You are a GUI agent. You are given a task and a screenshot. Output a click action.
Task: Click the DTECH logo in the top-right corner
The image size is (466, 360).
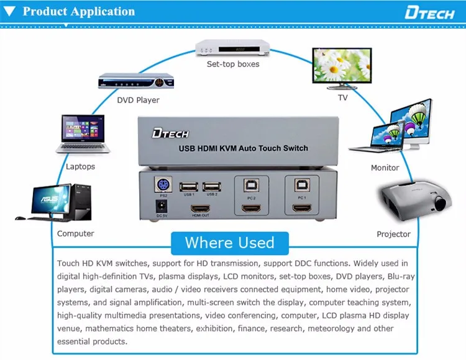point(429,12)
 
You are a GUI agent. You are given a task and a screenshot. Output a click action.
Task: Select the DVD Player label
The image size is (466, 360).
point(138,100)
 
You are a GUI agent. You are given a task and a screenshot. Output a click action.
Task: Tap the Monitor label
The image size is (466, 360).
point(385,168)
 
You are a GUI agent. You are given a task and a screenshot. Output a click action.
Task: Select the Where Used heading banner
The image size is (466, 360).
point(229,242)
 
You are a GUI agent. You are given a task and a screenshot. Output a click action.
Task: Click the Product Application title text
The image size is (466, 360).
point(78,12)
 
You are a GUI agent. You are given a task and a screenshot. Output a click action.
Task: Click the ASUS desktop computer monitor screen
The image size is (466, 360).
point(46,200)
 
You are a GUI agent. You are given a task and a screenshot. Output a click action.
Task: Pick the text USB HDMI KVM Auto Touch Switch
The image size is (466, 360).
point(244,148)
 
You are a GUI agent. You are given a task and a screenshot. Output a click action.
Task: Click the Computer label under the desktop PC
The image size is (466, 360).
point(75,233)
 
